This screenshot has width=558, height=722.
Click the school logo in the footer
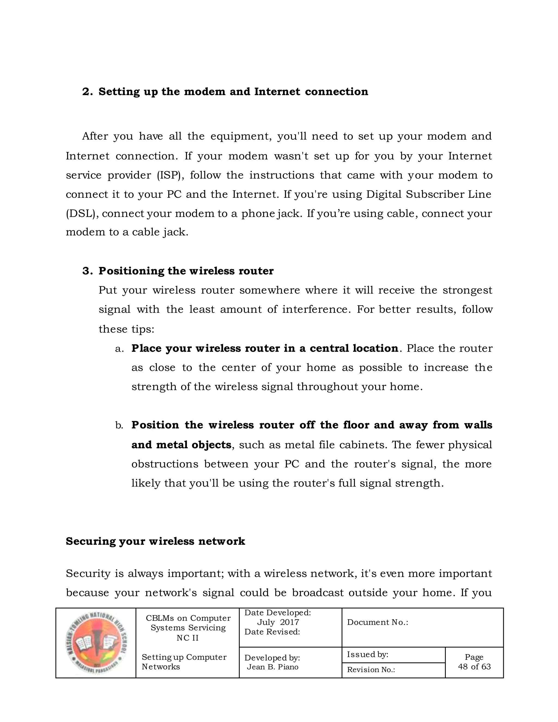coord(96,643)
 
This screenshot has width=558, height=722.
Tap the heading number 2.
coord(87,92)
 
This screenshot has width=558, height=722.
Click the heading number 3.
coord(87,271)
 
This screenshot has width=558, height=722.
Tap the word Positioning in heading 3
coord(131,271)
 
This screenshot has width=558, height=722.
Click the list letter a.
coord(119,349)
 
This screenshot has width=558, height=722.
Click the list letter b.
coord(119,426)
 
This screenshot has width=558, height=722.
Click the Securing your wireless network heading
coord(155,541)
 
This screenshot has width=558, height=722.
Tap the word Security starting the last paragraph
coord(88,574)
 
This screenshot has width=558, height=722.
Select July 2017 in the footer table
coord(278,622)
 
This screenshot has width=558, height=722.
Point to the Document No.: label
coord(378,622)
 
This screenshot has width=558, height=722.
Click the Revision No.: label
coord(371,669)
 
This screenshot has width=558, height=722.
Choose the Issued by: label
coord(367,654)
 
